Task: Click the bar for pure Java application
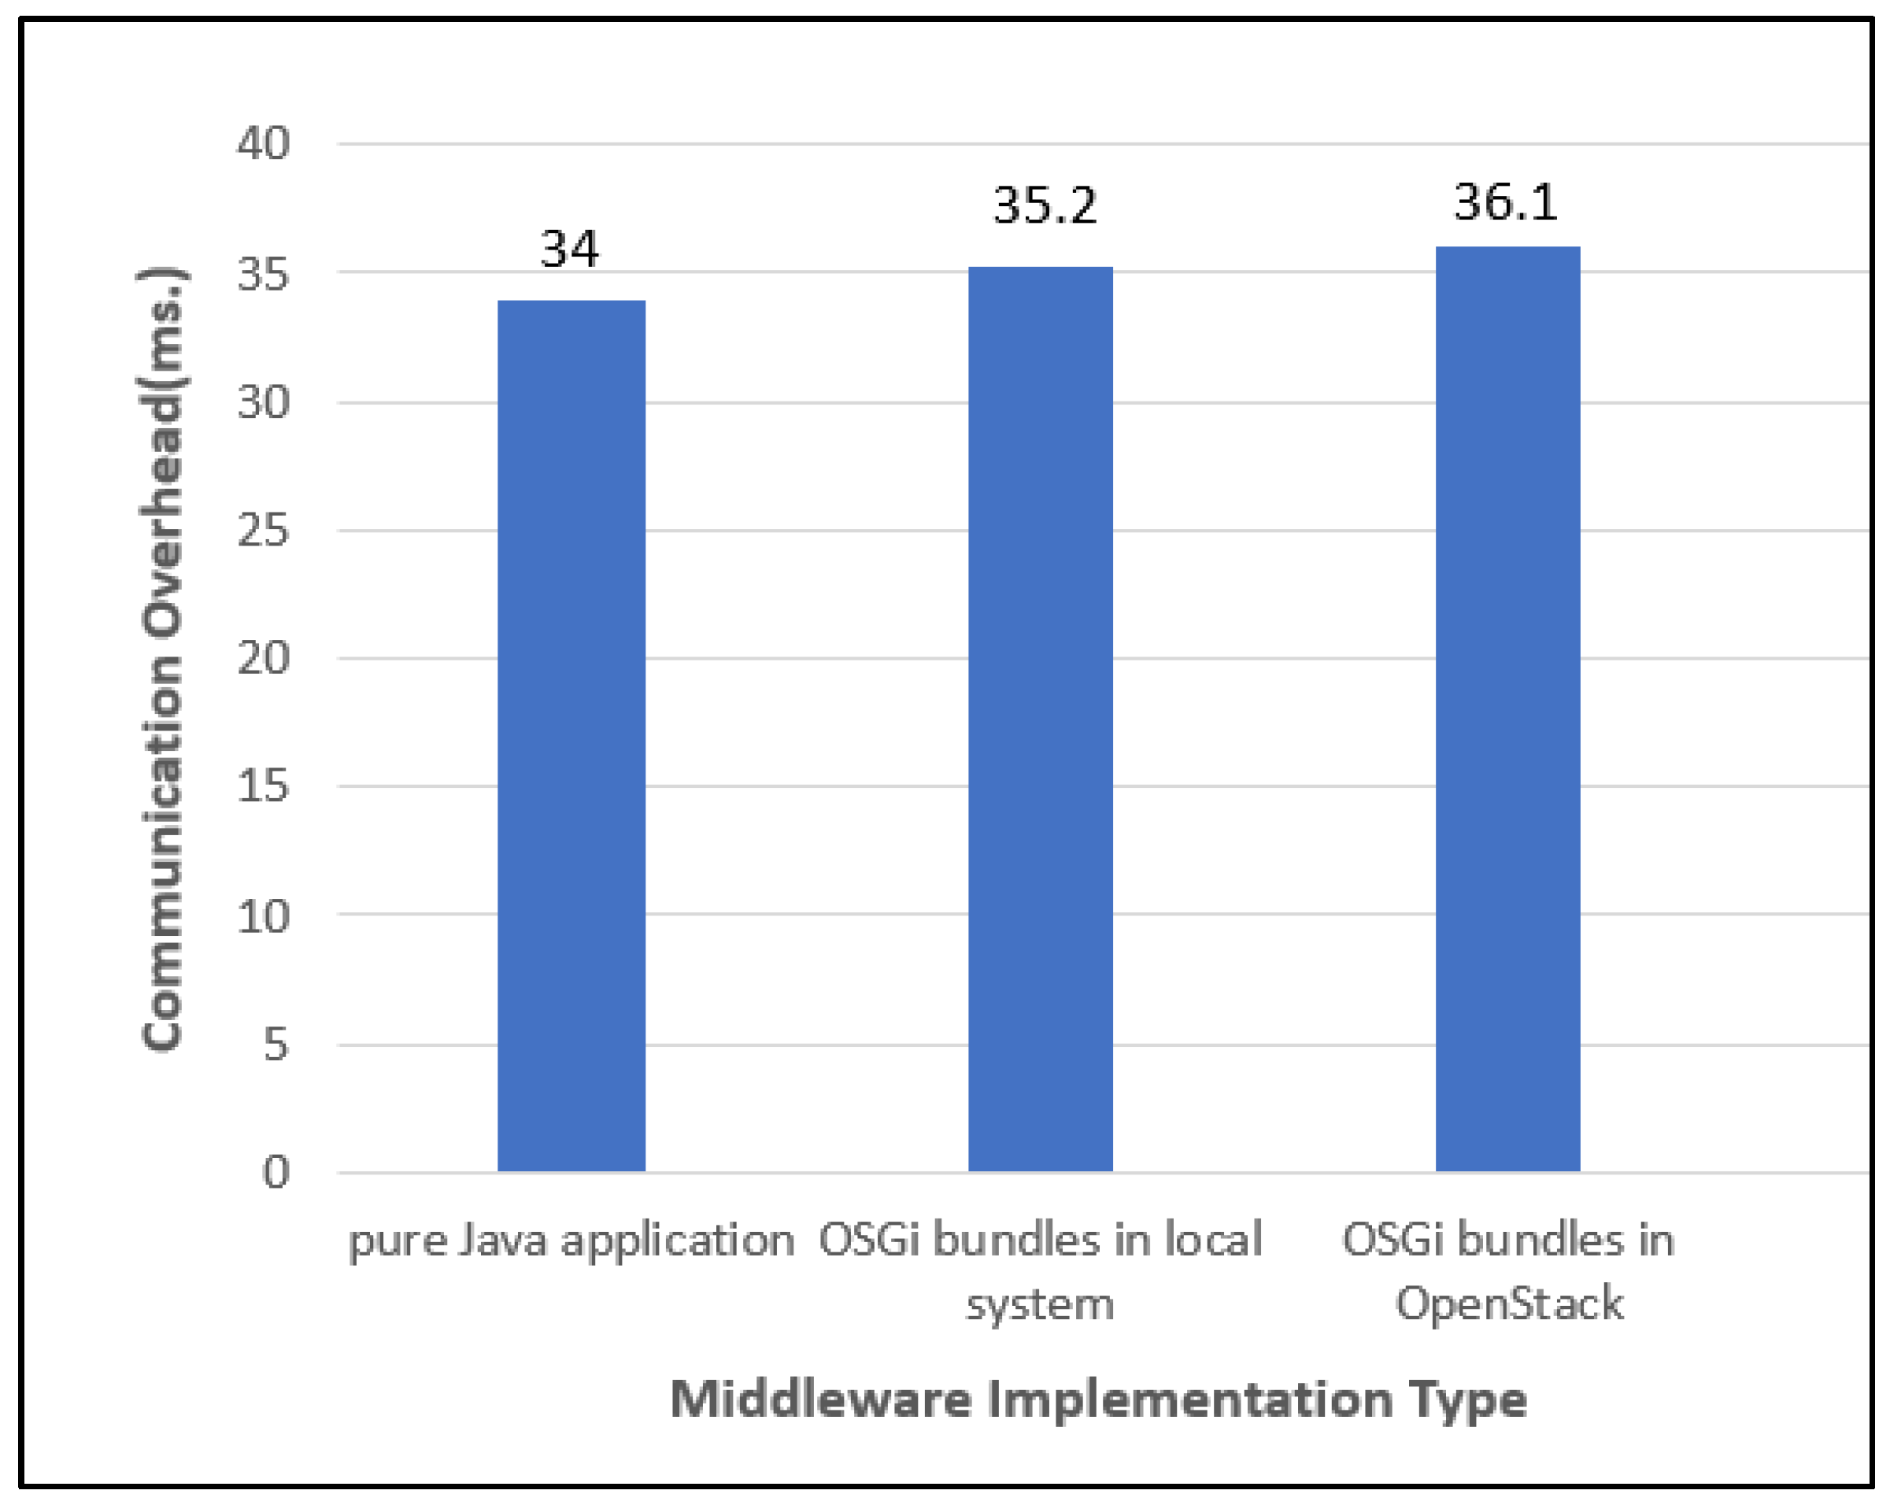(571, 736)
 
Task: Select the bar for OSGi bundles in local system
(1041, 719)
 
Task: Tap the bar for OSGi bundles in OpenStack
(1507, 709)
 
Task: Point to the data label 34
(570, 249)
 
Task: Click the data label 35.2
(1045, 207)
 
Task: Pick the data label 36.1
(1506, 202)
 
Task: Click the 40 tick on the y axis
(263, 143)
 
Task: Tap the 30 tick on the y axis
(263, 402)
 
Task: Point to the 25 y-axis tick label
(263, 531)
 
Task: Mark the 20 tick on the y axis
(263, 658)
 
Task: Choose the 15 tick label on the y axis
(263, 786)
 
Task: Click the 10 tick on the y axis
(263, 917)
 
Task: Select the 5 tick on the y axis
(276, 1045)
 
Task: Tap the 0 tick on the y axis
(276, 1172)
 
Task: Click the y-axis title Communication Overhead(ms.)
(162, 657)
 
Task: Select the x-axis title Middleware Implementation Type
(1098, 1399)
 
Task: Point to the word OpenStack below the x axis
(1509, 1303)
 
